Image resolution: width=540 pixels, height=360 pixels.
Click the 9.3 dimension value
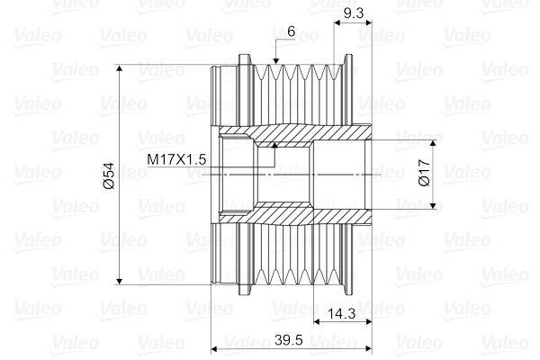tap(353, 14)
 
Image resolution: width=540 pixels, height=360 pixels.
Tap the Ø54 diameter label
tap(108, 175)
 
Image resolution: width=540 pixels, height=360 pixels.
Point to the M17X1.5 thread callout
tap(177, 159)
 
